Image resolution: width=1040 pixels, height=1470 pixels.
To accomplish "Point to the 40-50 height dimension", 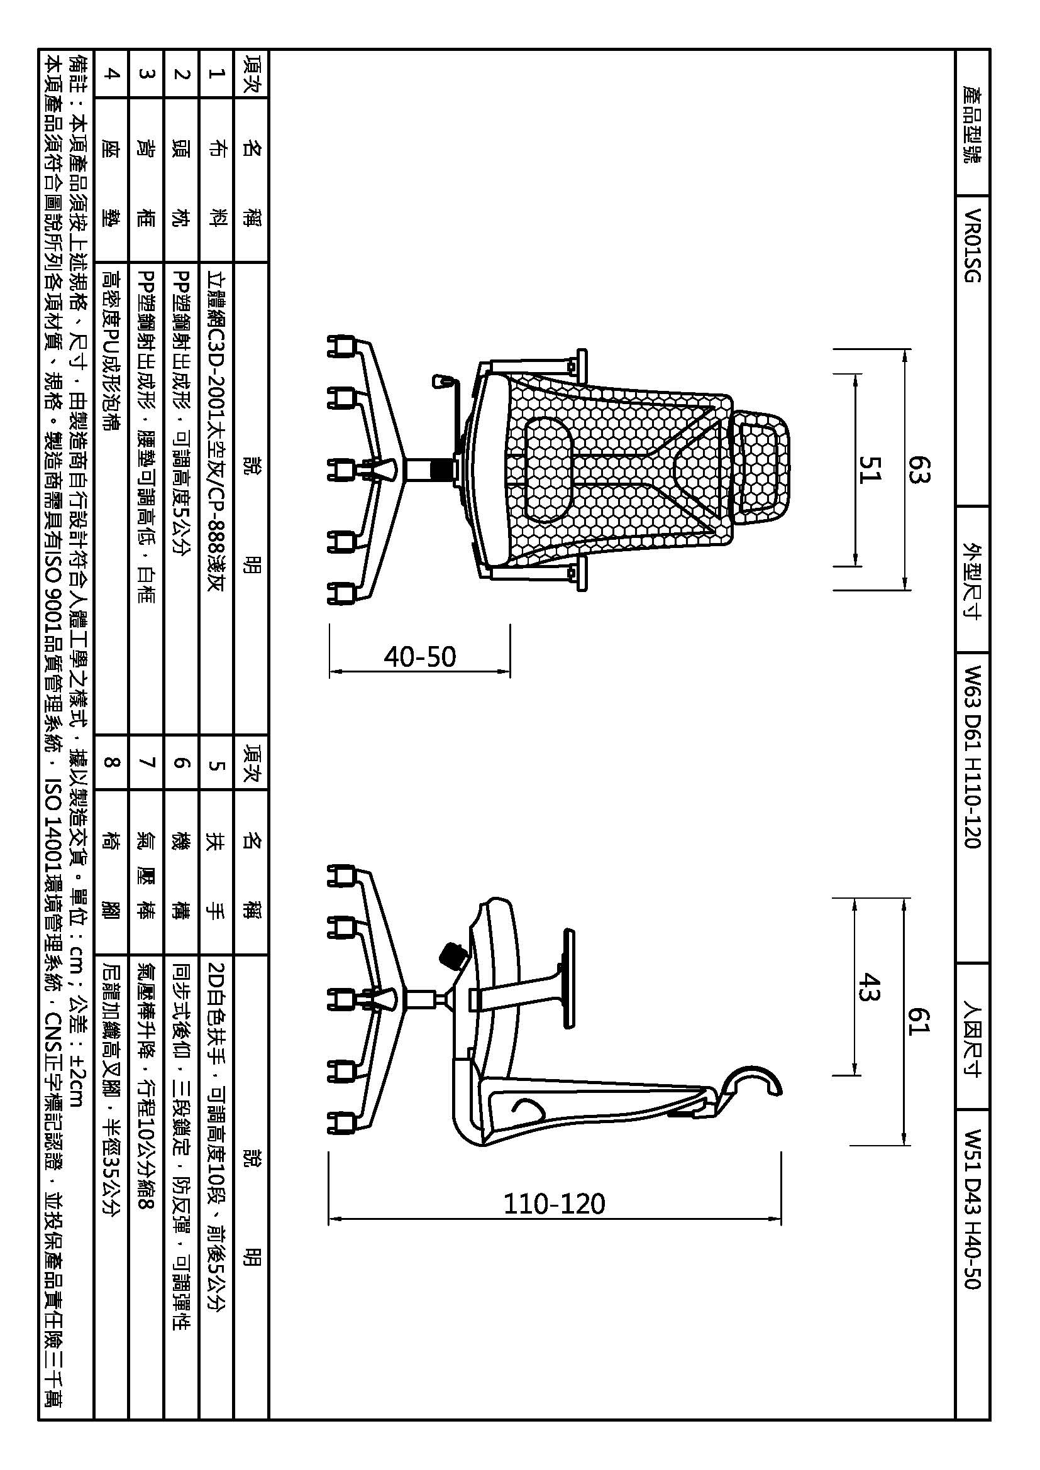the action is pos(420,657).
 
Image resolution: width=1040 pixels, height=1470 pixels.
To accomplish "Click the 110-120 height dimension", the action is pos(555,1204).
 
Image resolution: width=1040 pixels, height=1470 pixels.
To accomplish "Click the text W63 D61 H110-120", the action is pos(971,757).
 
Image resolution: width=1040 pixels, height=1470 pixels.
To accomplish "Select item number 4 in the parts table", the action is pos(111,74).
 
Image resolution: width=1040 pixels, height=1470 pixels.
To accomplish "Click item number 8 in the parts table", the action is pos(111,762).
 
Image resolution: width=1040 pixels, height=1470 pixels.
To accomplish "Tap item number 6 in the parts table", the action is pos(182,762).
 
